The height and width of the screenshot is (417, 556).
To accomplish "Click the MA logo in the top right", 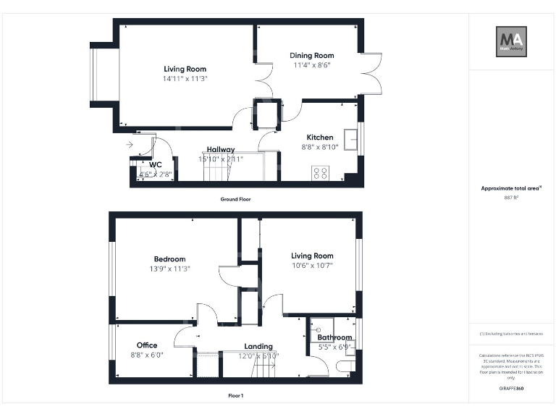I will pos(511,41).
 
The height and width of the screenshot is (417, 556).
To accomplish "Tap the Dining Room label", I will pos(312,56).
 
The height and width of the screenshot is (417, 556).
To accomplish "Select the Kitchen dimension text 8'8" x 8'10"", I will pos(319,147).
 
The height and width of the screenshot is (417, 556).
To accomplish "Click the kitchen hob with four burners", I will pos(319,172).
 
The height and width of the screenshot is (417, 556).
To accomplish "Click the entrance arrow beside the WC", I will pos(129,145).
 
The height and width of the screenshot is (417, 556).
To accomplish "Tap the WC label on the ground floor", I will pos(155,165).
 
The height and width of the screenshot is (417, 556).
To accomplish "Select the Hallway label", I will pos(221,150).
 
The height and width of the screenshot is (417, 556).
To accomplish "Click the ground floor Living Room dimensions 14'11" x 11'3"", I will pos(185,78).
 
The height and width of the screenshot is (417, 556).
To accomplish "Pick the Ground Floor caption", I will pos(236,199).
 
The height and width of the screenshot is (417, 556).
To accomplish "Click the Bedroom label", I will pos(169,259).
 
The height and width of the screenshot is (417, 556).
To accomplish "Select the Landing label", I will pos(258,346).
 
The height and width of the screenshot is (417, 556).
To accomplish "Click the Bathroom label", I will pos(334,337).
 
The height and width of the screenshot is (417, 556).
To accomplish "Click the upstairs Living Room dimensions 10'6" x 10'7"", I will pos(312,265).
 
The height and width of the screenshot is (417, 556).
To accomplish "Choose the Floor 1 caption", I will pos(236,396).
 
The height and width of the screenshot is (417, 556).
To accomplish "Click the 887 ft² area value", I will pos(511,197).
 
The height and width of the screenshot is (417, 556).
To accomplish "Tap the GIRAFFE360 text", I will pos(511,389).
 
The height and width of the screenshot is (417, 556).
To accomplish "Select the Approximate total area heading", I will pos(511,188).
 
